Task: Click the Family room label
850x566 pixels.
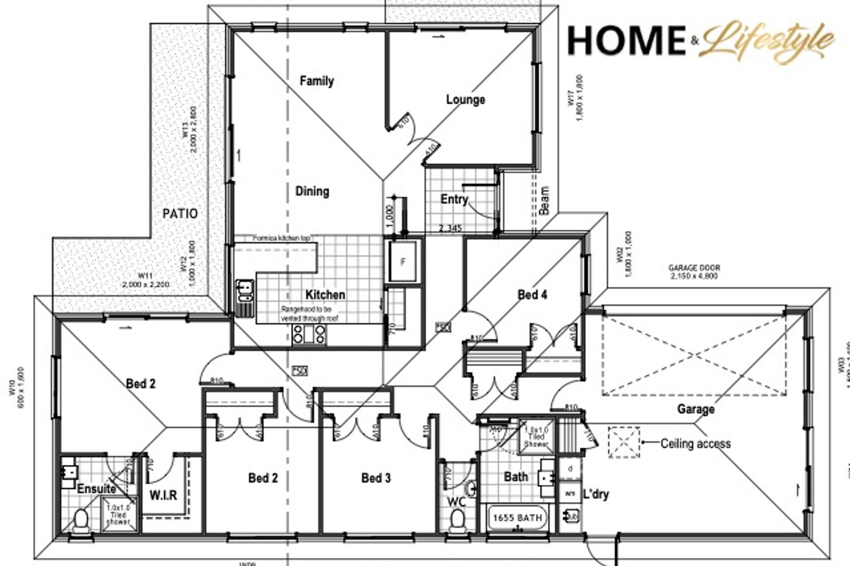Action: [317, 81]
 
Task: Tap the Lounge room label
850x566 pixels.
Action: [465, 99]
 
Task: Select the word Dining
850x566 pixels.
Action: [312, 191]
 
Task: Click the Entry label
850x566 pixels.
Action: [454, 199]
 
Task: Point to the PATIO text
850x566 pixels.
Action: [180, 214]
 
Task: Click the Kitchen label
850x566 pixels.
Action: [325, 295]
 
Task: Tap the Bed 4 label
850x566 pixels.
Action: [532, 294]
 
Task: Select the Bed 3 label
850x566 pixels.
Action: [376, 478]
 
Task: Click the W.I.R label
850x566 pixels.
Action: [163, 495]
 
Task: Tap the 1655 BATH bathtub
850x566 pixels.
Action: [518, 517]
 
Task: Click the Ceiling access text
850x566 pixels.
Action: [695, 444]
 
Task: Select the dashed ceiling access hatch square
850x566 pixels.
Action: [623, 442]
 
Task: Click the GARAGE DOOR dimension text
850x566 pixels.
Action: [694, 272]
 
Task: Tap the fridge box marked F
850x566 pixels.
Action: [402, 262]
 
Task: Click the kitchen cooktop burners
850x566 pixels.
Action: [309, 335]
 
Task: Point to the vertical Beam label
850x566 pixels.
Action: [544, 200]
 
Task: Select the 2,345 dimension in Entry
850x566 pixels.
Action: [451, 229]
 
